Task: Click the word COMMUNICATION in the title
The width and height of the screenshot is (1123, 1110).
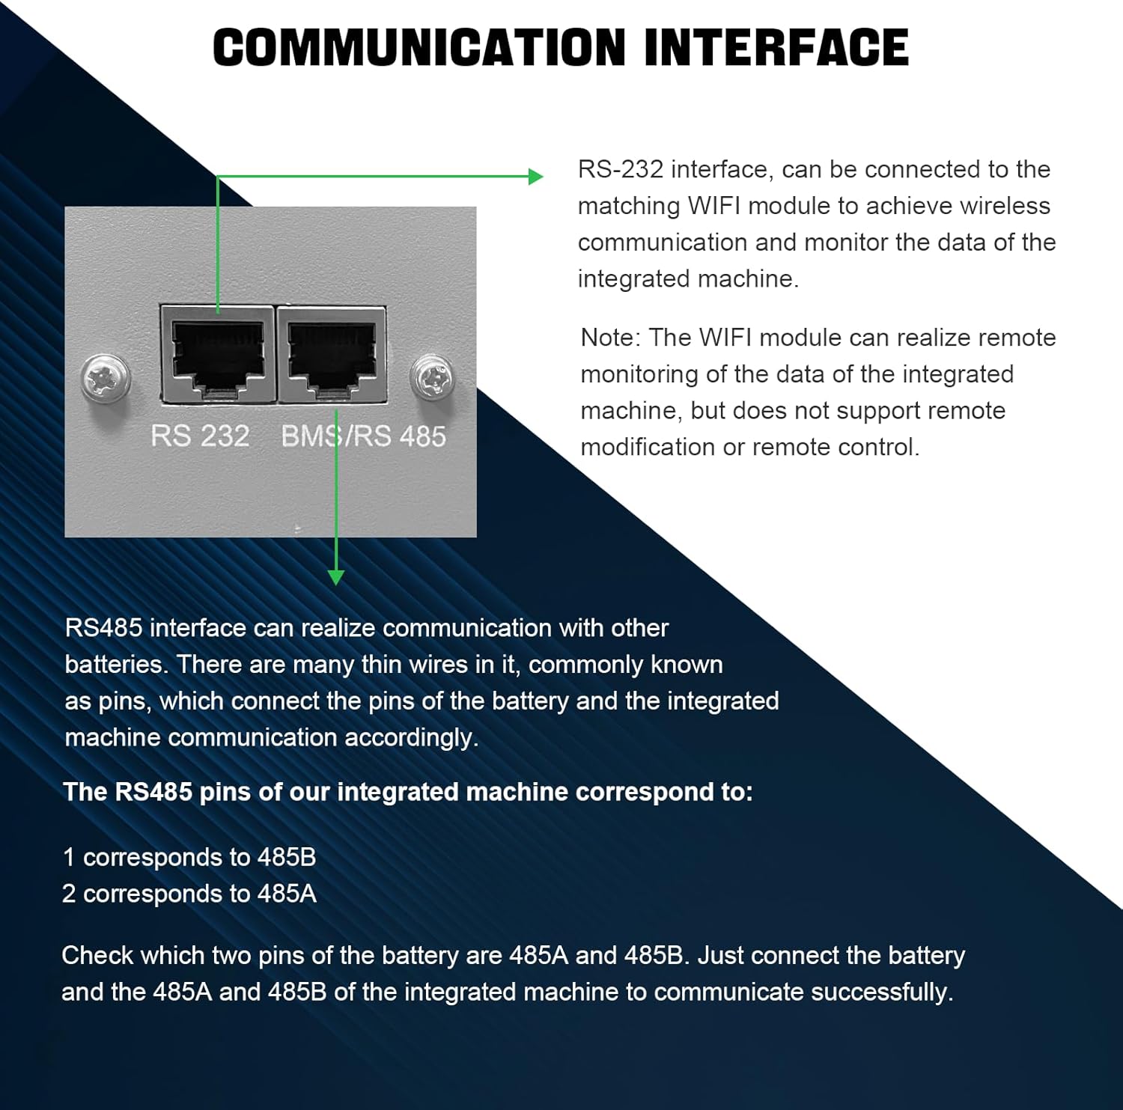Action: tap(419, 48)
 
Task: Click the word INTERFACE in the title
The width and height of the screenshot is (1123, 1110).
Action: tap(776, 48)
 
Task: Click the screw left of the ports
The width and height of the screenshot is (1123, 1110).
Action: tap(106, 377)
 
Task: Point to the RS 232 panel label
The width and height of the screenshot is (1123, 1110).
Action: tap(200, 436)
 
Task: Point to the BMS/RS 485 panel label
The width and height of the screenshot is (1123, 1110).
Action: tap(363, 436)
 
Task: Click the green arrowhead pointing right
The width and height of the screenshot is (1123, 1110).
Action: tap(535, 177)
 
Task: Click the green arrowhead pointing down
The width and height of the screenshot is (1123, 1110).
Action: tap(336, 577)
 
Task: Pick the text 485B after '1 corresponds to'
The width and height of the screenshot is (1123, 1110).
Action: tap(286, 857)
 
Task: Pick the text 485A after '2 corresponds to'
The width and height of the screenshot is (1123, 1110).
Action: tap(286, 894)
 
